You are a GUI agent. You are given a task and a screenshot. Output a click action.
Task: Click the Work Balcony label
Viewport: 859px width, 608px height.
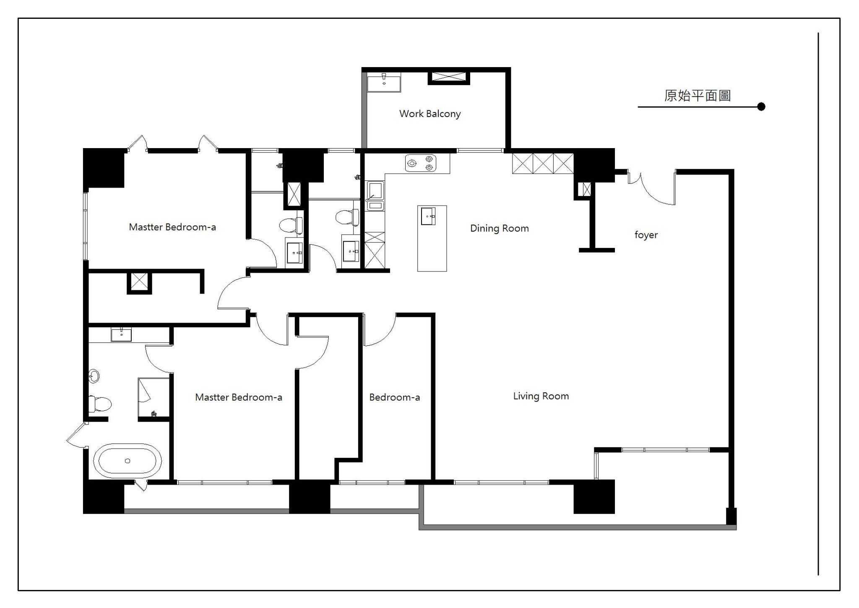tap(430, 114)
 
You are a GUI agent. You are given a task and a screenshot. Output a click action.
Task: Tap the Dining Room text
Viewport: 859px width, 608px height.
tap(499, 228)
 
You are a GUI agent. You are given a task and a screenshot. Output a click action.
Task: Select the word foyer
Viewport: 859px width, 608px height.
tap(646, 235)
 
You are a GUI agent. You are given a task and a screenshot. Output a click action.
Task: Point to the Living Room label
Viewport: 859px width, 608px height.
tap(541, 396)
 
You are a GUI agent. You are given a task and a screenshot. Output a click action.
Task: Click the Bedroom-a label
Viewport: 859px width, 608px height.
tap(394, 397)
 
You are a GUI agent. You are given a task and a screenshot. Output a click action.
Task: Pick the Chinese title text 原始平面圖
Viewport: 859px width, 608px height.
tap(698, 96)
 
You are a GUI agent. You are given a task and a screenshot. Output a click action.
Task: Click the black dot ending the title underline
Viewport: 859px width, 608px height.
tap(761, 107)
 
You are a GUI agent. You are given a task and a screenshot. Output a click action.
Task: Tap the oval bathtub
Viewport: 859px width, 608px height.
tap(128, 461)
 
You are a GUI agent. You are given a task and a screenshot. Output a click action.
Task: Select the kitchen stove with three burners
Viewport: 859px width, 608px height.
tap(421, 163)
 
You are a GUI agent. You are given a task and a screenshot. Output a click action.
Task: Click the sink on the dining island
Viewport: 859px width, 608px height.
tap(428, 216)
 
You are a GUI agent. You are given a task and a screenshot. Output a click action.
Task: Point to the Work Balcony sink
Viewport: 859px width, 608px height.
tap(384, 83)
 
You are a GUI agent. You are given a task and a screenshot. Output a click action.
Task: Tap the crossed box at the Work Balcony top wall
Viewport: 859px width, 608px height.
tap(449, 76)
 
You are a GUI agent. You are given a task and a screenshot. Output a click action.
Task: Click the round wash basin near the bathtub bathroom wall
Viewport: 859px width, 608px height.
tap(94, 376)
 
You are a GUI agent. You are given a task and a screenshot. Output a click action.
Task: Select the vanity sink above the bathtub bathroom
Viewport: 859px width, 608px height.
tap(121, 335)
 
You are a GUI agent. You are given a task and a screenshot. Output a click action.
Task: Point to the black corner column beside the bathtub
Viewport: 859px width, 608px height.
tap(104, 497)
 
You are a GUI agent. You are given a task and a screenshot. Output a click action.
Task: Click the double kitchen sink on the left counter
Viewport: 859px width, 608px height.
tap(375, 195)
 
